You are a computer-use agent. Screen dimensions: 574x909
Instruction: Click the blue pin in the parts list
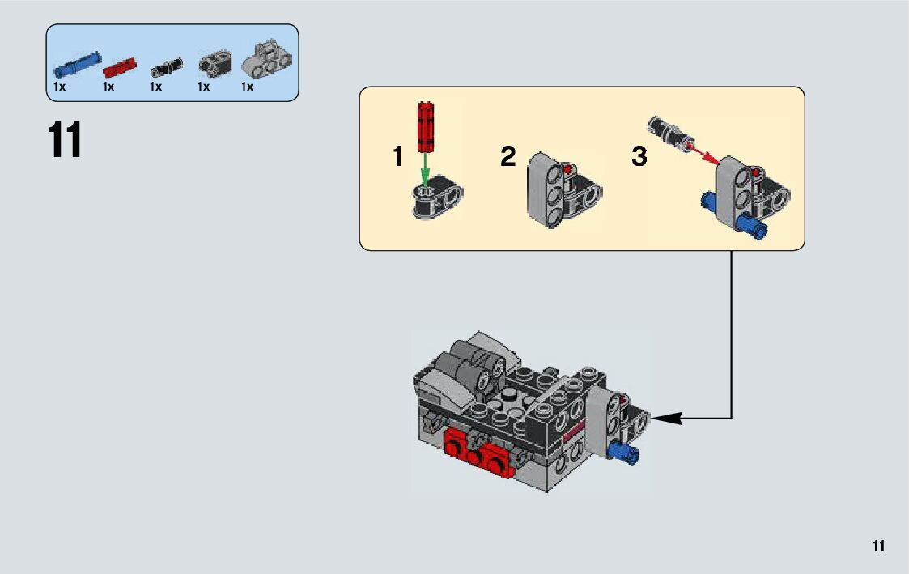pyautogui.click(x=77, y=62)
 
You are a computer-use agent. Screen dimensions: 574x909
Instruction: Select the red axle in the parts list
pyautogui.click(x=121, y=66)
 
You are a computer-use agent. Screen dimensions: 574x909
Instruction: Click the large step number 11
pyautogui.click(x=65, y=140)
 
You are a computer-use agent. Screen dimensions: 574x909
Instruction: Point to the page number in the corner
pyautogui.click(x=878, y=546)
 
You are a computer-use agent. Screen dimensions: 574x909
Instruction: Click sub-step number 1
pyautogui.click(x=397, y=156)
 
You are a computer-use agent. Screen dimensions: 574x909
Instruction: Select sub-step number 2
pyautogui.click(x=508, y=156)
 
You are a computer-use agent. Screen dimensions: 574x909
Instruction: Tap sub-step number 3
pyautogui.click(x=639, y=156)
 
